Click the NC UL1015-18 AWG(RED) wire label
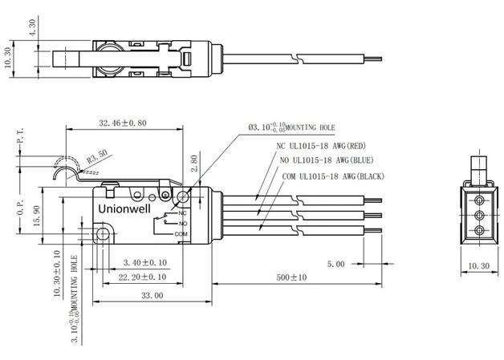[321, 146]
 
